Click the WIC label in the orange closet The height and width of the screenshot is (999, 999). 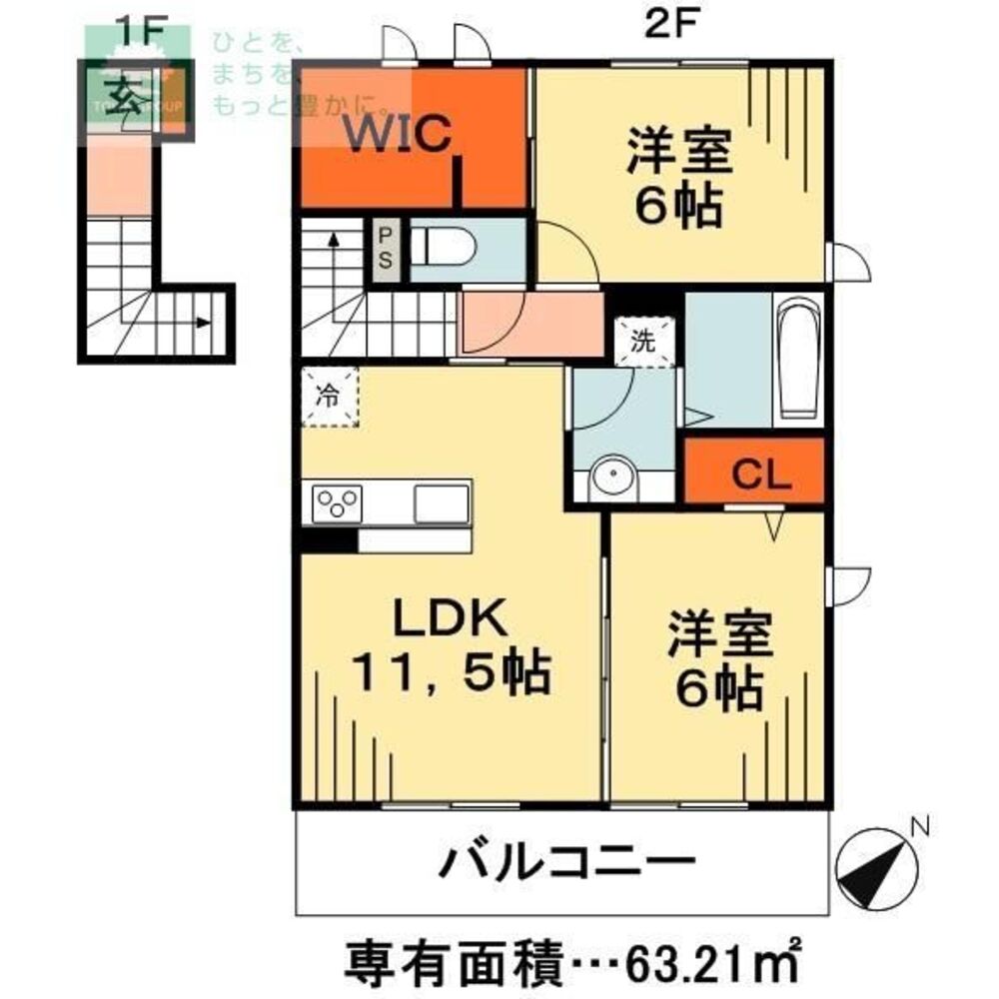[399, 134]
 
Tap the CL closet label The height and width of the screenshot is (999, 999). [762, 474]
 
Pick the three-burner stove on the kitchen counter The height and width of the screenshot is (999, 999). [336, 501]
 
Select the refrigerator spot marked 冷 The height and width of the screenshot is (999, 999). [329, 396]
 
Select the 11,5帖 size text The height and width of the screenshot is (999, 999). [450, 675]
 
